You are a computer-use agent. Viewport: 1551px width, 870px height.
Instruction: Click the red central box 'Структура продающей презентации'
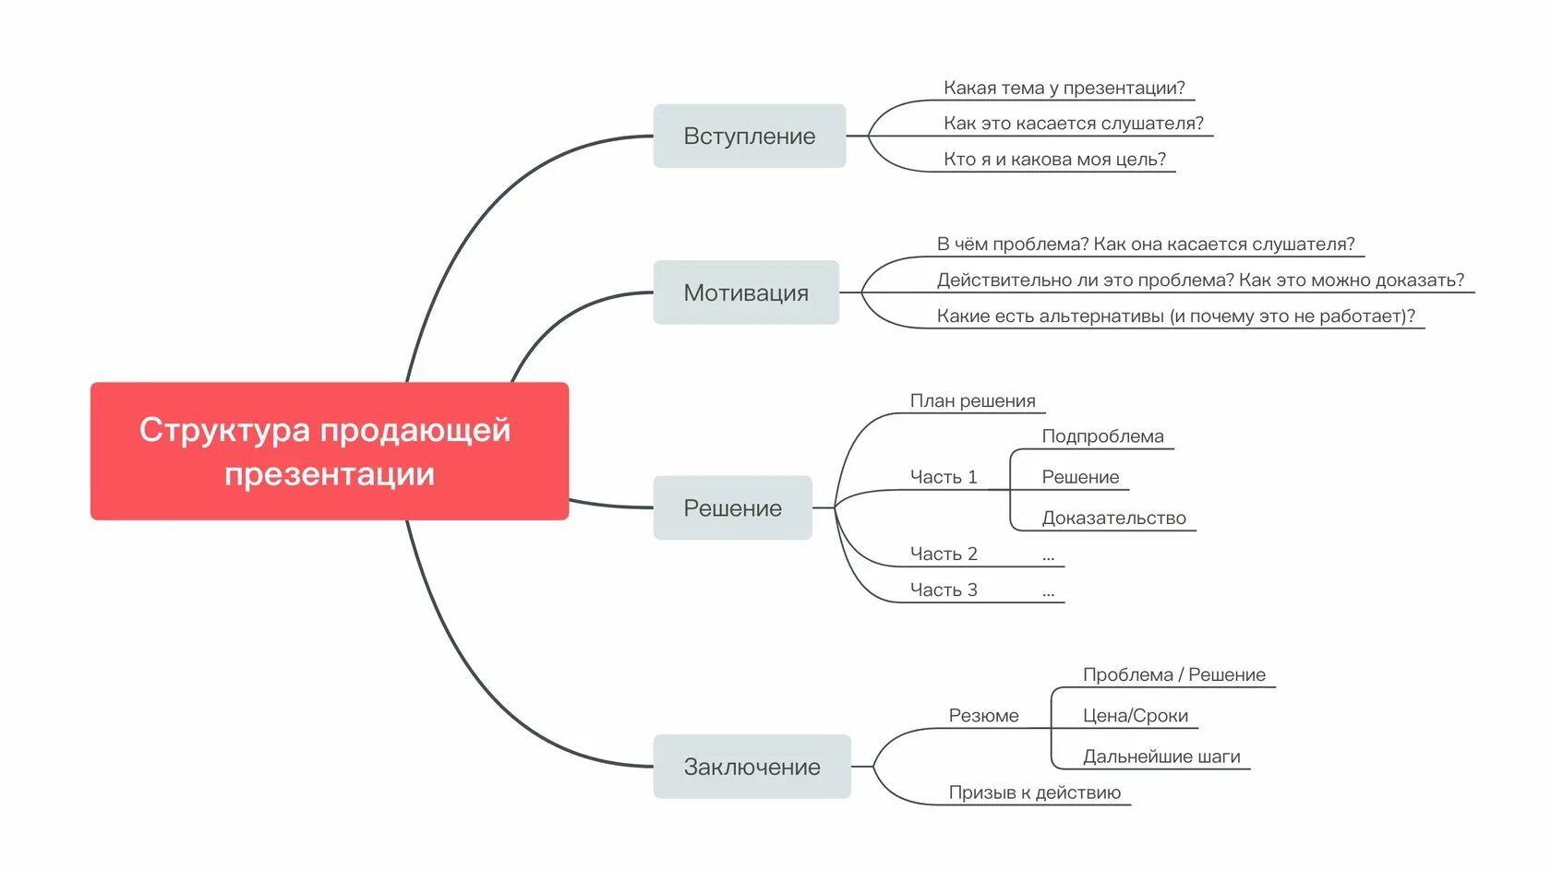coord(329,451)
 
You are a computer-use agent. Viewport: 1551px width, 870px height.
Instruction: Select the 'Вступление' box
coord(749,137)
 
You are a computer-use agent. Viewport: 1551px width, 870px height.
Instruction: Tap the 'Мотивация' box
coord(746,292)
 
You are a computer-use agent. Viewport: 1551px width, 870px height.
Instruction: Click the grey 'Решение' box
coord(732,508)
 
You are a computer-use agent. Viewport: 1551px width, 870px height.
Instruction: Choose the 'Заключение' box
coord(751,767)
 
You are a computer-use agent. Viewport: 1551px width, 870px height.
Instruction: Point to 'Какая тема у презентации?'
coord(1064,89)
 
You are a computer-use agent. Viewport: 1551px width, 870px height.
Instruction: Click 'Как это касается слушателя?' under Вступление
coord(1073,124)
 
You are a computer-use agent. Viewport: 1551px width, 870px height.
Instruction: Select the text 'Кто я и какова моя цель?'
coord(1054,160)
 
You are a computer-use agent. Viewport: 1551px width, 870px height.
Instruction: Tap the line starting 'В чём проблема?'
coord(1145,244)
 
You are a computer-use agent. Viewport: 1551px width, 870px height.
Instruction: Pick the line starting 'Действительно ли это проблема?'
coord(1200,280)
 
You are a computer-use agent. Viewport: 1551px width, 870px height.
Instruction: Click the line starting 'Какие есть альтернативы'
coord(1175,316)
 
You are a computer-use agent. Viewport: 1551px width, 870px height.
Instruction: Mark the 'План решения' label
coord(972,401)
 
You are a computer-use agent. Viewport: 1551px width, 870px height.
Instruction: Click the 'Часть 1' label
coord(943,477)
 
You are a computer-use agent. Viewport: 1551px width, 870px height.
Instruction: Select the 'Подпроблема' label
coord(1102,436)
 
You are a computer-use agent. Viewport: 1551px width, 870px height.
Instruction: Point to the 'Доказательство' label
coord(1113,518)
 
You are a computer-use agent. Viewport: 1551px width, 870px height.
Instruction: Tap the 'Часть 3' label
coord(943,590)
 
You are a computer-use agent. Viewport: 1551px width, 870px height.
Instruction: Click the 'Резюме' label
coord(983,716)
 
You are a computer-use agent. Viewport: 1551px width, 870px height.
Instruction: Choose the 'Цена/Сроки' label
coord(1135,716)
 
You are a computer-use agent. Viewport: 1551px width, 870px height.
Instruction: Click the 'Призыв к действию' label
coord(1034,793)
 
